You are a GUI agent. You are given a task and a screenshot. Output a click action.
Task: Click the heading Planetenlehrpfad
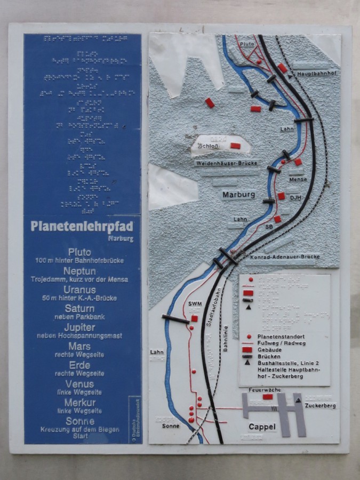81,226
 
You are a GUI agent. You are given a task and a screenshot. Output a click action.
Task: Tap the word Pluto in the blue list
79,252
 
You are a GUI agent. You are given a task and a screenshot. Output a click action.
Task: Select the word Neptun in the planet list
79,271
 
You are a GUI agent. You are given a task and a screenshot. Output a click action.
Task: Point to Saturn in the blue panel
79,308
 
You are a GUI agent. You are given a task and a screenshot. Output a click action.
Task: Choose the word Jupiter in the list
79,327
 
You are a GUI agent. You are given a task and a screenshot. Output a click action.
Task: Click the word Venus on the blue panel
79,383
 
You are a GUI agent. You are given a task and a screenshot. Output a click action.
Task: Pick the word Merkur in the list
79,402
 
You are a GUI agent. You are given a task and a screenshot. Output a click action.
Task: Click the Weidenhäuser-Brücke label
227,163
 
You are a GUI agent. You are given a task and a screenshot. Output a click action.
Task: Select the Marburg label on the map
238,195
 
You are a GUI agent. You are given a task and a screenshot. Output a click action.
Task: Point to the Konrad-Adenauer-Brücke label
285,257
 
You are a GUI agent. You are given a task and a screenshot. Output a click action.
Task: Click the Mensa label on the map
298,180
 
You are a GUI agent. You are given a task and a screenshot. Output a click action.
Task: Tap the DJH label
296,197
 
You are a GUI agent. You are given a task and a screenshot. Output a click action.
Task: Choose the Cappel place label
262,427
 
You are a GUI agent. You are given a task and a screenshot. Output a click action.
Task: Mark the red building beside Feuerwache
268,397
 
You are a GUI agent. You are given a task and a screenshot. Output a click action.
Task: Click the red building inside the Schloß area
235,146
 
